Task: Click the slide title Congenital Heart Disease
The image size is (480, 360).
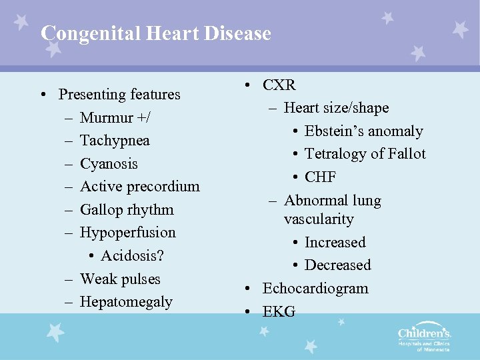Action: (155, 33)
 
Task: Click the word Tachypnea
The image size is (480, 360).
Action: (115, 141)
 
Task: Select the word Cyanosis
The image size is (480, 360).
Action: (109, 164)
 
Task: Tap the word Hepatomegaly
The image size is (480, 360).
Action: (126, 302)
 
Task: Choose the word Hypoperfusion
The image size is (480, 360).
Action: (127, 233)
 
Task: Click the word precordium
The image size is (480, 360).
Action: (165, 187)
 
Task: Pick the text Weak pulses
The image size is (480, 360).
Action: (120, 279)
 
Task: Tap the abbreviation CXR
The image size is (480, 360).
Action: (279, 85)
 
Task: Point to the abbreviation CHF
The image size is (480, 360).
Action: (320, 177)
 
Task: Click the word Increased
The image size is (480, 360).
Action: (335, 243)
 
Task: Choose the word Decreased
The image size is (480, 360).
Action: (337, 265)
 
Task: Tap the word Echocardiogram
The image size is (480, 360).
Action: (315, 289)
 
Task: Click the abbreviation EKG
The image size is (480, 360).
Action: (279, 311)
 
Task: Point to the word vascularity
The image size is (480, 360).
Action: (319, 219)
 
